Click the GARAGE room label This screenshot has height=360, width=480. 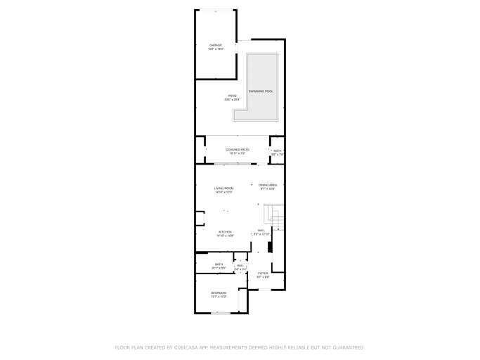point(215,45)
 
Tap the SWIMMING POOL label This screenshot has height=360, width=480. point(261,91)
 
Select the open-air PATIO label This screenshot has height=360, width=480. point(232,96)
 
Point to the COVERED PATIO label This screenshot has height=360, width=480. point(237,149)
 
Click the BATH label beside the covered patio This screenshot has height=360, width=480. point(278,150)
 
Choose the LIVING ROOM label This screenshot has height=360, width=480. point(224,188)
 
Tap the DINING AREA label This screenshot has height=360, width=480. point(268,185)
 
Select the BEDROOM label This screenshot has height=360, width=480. point(219,292)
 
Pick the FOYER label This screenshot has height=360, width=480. point(263,273)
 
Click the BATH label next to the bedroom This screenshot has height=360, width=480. point(219,264)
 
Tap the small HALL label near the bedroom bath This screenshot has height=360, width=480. point(240,265)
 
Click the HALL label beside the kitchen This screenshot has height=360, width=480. point(261,230)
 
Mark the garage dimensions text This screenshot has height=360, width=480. point(215,49)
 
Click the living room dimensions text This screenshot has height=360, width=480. point(224,192)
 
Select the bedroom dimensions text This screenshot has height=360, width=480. point(219,297)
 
